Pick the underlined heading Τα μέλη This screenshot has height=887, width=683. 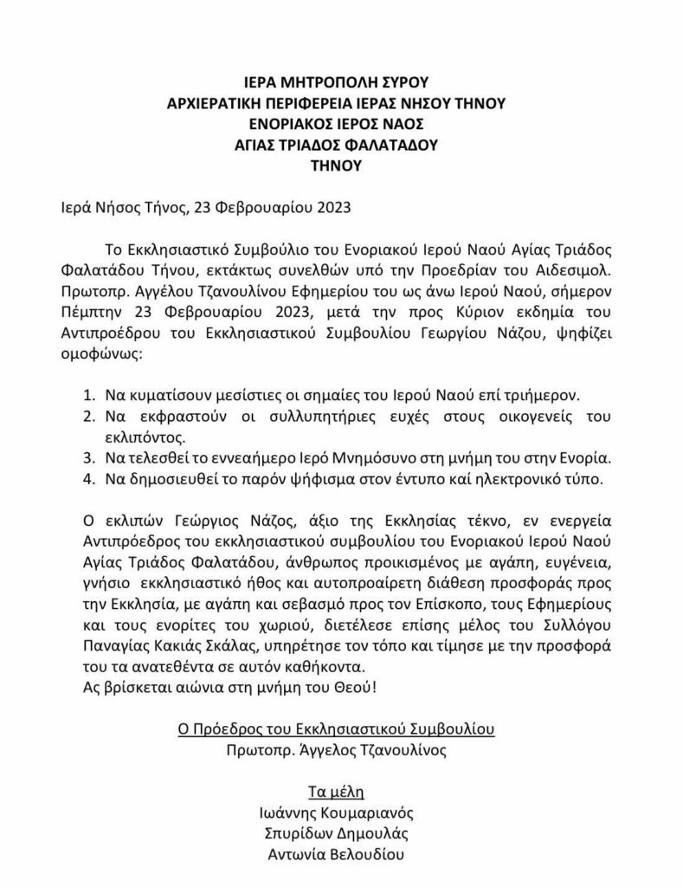pyautogui.click(x=337, y=792)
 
